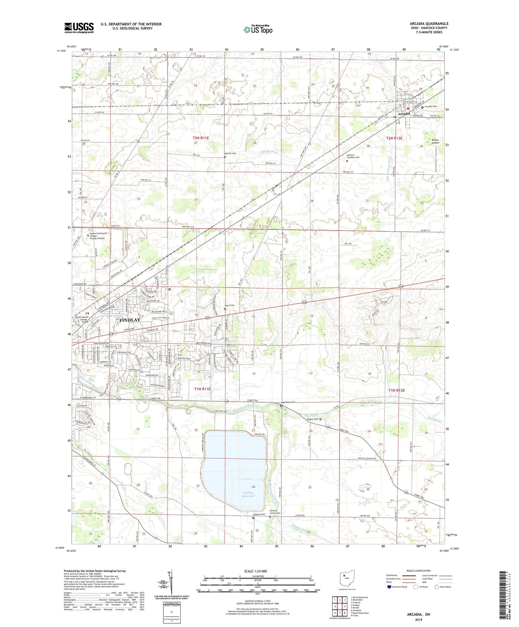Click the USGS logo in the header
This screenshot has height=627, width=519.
click(x=79, y=28)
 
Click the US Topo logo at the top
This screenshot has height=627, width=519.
click(x=258, y=29)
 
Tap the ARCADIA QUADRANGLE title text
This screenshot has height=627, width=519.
click(x=429, y=24)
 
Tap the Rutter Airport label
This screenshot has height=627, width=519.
click(x=435, y=141)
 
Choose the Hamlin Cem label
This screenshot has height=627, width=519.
click(x=231, y=153)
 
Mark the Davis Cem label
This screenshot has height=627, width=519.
click(x=230, y=305)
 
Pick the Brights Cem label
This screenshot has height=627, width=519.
click(x=312, y=419)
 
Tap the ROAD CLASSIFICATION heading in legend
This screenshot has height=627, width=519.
click(x=418, y=571)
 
